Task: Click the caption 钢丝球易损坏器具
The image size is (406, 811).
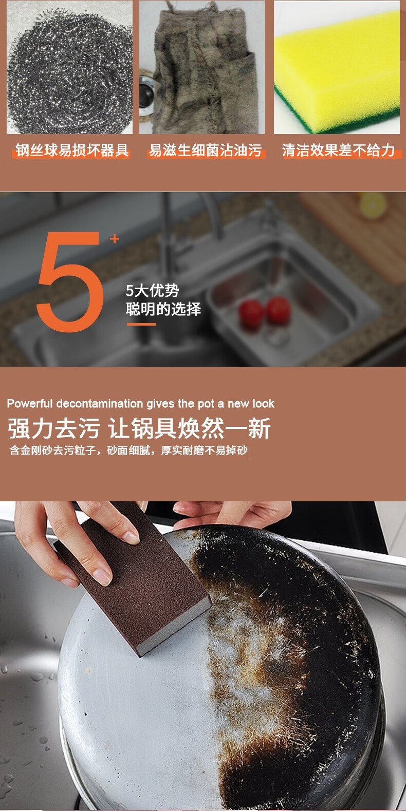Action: tap(72, 150)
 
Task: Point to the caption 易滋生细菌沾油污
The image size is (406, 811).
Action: tap(205, 150)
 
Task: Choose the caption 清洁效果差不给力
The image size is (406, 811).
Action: tap(338, 150)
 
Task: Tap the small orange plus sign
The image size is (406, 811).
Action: tap(115, 239)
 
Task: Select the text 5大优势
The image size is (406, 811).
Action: tap(153, 290)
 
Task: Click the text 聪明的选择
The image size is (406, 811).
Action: tap(163, 309)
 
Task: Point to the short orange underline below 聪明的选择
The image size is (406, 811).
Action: tap(141, 324)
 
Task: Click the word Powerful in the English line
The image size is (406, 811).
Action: tap(30, 403)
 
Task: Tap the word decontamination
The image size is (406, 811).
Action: tap(100, 403)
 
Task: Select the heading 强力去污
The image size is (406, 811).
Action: tap(53, 428)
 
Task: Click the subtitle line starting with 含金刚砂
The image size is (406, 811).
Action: tap(128, 450)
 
